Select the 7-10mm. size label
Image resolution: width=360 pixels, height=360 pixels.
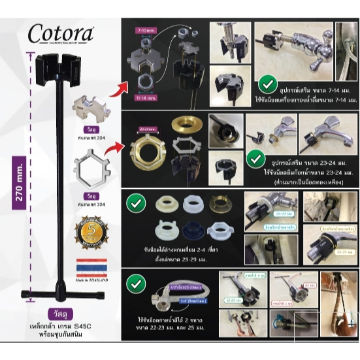[147, 30]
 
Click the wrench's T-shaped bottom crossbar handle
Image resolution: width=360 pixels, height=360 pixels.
[59, 292]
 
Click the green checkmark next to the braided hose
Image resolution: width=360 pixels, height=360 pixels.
[136, 284]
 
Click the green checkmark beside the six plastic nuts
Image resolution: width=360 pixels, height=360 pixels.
[136, 203]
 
